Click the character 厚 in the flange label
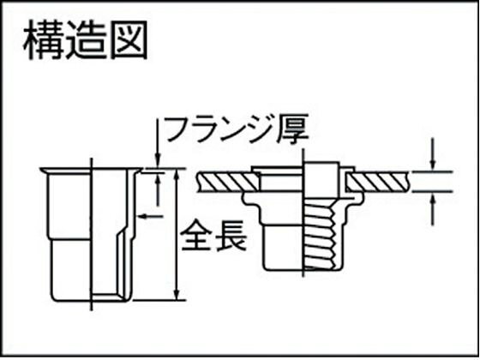291,129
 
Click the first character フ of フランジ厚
181,129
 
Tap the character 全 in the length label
195,236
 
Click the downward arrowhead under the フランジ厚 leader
158,160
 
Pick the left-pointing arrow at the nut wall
151,217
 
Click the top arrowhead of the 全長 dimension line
177,175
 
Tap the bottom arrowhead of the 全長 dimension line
177,293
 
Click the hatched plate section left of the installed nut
228,182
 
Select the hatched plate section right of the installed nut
378,182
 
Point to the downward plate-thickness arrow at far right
433,154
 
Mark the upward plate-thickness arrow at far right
433,210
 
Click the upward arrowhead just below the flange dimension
158,190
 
